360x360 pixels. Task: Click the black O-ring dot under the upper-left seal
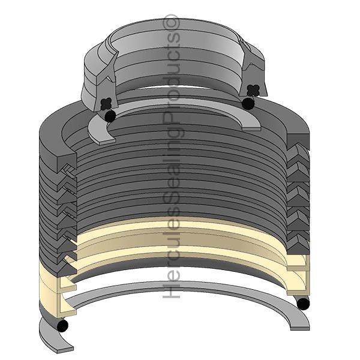[x=109, y=114]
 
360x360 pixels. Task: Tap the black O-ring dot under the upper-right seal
[x=247, y=104]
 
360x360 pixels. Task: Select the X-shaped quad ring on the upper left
[x=107, y=102]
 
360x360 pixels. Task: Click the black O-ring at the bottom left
[x=62, y=325]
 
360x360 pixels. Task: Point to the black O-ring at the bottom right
[x=304, y=304]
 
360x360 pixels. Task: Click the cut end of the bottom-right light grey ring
[x=300, y=324]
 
